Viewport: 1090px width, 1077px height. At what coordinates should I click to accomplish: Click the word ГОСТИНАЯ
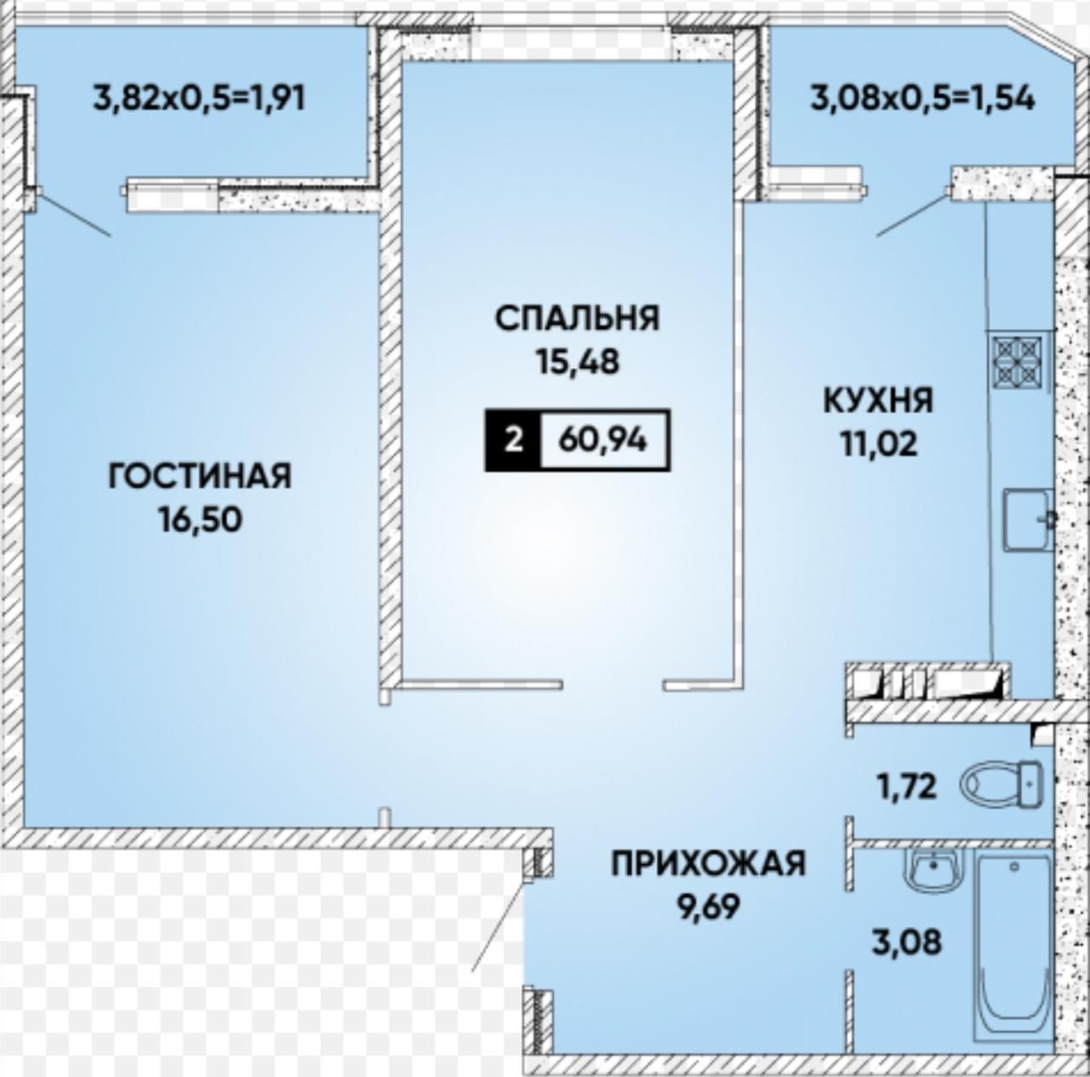199,475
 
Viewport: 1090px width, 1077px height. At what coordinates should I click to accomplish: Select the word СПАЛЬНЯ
577,318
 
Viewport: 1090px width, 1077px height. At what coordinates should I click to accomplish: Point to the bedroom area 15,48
577,361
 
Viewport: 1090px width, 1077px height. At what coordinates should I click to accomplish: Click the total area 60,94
602,440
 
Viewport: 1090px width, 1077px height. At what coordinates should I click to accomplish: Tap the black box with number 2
513,440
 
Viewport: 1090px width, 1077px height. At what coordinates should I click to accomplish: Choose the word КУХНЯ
878,401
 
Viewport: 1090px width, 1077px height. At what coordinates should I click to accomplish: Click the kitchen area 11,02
879,445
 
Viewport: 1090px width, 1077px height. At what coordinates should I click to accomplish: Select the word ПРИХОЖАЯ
708,864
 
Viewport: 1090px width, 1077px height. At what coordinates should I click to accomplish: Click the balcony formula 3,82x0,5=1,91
199,99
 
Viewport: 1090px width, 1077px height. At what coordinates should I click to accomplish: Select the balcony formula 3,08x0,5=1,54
922,99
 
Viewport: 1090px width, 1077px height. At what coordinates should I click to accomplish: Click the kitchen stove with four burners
1018,360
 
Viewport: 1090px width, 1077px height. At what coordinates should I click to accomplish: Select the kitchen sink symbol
1027,519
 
